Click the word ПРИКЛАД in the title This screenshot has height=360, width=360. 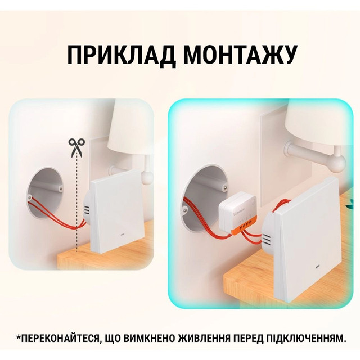click(x=121, y=56)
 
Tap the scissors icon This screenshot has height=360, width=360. click(x=76, y=147)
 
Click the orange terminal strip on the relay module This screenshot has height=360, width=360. click(x=245, y=225)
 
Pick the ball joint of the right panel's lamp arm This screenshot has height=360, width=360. click(x=337, y=163)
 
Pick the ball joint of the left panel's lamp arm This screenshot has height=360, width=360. click(x=147, y=177)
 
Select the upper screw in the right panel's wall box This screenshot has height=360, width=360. click(x=225, y=188)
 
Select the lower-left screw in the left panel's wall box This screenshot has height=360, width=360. click(x=29, y=197)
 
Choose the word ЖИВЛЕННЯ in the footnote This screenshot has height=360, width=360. click(x=204, y=338)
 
